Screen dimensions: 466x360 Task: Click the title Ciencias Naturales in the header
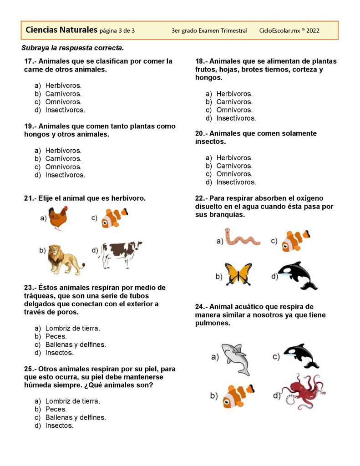pos(61,30)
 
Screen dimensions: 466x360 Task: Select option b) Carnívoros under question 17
pos(63,94)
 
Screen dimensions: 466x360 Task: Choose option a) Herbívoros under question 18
pos(234,94)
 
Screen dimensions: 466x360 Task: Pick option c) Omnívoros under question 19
pos(63,167)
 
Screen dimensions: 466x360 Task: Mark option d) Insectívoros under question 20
pos(236,182)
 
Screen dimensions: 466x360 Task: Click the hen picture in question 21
pos(58,218)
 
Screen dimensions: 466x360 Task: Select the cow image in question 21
pos(121,254)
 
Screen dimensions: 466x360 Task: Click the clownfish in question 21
pos(114,217)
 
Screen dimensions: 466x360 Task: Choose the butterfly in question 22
pos(238,274)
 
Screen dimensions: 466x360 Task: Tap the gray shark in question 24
pos(236,358)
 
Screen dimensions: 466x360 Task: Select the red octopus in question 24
pos(303,391)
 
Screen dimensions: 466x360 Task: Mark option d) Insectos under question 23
pos(59,353)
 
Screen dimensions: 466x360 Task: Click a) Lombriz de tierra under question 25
pos(72,401)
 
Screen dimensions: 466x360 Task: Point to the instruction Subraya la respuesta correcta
pos(72,48)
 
